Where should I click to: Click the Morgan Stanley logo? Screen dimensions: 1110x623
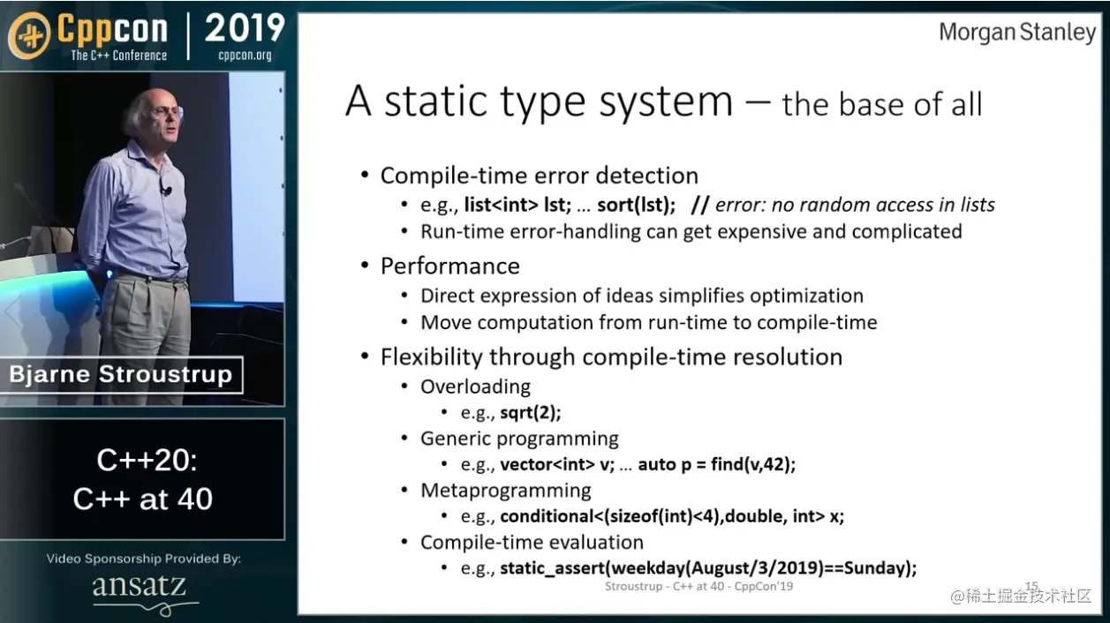1017,33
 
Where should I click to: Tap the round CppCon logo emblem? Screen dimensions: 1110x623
30,35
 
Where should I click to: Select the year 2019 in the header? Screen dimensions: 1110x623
245,27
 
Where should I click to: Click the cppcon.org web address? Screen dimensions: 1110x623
245,55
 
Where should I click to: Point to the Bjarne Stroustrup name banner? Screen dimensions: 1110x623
121,374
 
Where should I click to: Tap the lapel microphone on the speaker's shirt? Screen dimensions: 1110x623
165,190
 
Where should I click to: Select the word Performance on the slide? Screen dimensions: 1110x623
450,266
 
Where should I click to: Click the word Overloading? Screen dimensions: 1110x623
475,387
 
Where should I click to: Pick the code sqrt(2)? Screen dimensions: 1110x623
530,412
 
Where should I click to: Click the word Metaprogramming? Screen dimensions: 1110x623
505,491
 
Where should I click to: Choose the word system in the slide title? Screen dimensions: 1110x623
666,102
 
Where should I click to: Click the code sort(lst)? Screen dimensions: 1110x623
637,205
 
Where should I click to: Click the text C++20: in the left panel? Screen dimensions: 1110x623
147,461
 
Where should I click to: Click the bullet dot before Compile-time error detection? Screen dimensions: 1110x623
366,175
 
